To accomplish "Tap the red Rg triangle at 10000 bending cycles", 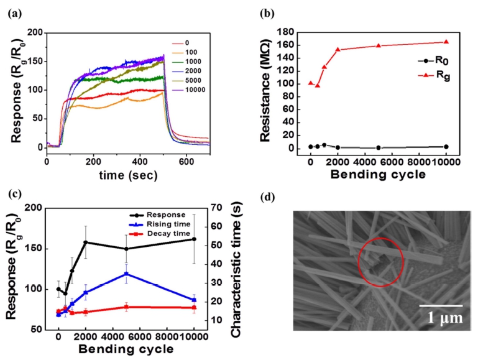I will pos(446,42).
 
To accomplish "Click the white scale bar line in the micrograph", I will pos(440,305).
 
